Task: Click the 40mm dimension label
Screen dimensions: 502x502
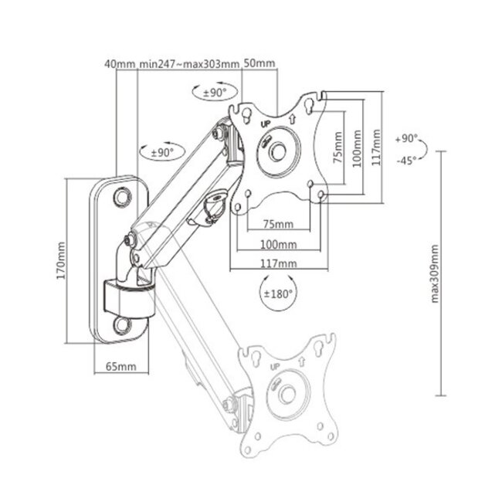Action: [x=120, y=63]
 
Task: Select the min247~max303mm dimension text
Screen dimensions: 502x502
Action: [x=189, y=63]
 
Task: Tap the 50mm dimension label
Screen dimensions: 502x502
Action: [x=260, y=63]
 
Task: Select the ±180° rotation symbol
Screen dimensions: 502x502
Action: [x=277, y=294]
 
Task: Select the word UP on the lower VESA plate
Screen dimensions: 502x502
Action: [x=275, y=368]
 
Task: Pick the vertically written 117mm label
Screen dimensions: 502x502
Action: [x=377, y=141]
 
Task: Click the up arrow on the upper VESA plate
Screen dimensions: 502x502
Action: [x=293, y=119]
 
